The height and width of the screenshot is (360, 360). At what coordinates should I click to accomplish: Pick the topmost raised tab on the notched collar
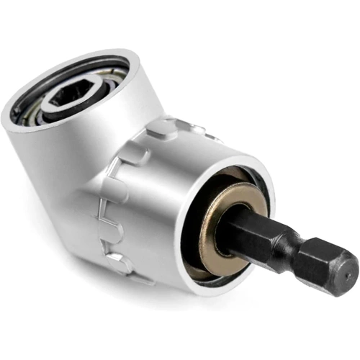(x=160, y=128)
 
